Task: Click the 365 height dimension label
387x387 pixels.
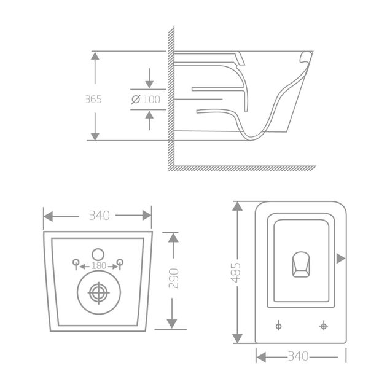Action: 94,99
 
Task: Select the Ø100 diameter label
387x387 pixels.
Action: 146,99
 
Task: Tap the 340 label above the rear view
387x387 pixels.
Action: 98,215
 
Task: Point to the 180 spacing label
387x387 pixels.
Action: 98,265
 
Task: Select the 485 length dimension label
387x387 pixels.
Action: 237,272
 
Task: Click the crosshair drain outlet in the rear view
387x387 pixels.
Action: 98,293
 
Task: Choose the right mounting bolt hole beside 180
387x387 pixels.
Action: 120,264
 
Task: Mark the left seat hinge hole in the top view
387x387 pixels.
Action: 279,326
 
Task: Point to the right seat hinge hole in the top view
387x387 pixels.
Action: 324,326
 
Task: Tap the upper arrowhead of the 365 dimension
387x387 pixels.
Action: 95,57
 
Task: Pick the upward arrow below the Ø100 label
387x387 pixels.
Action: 149,116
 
